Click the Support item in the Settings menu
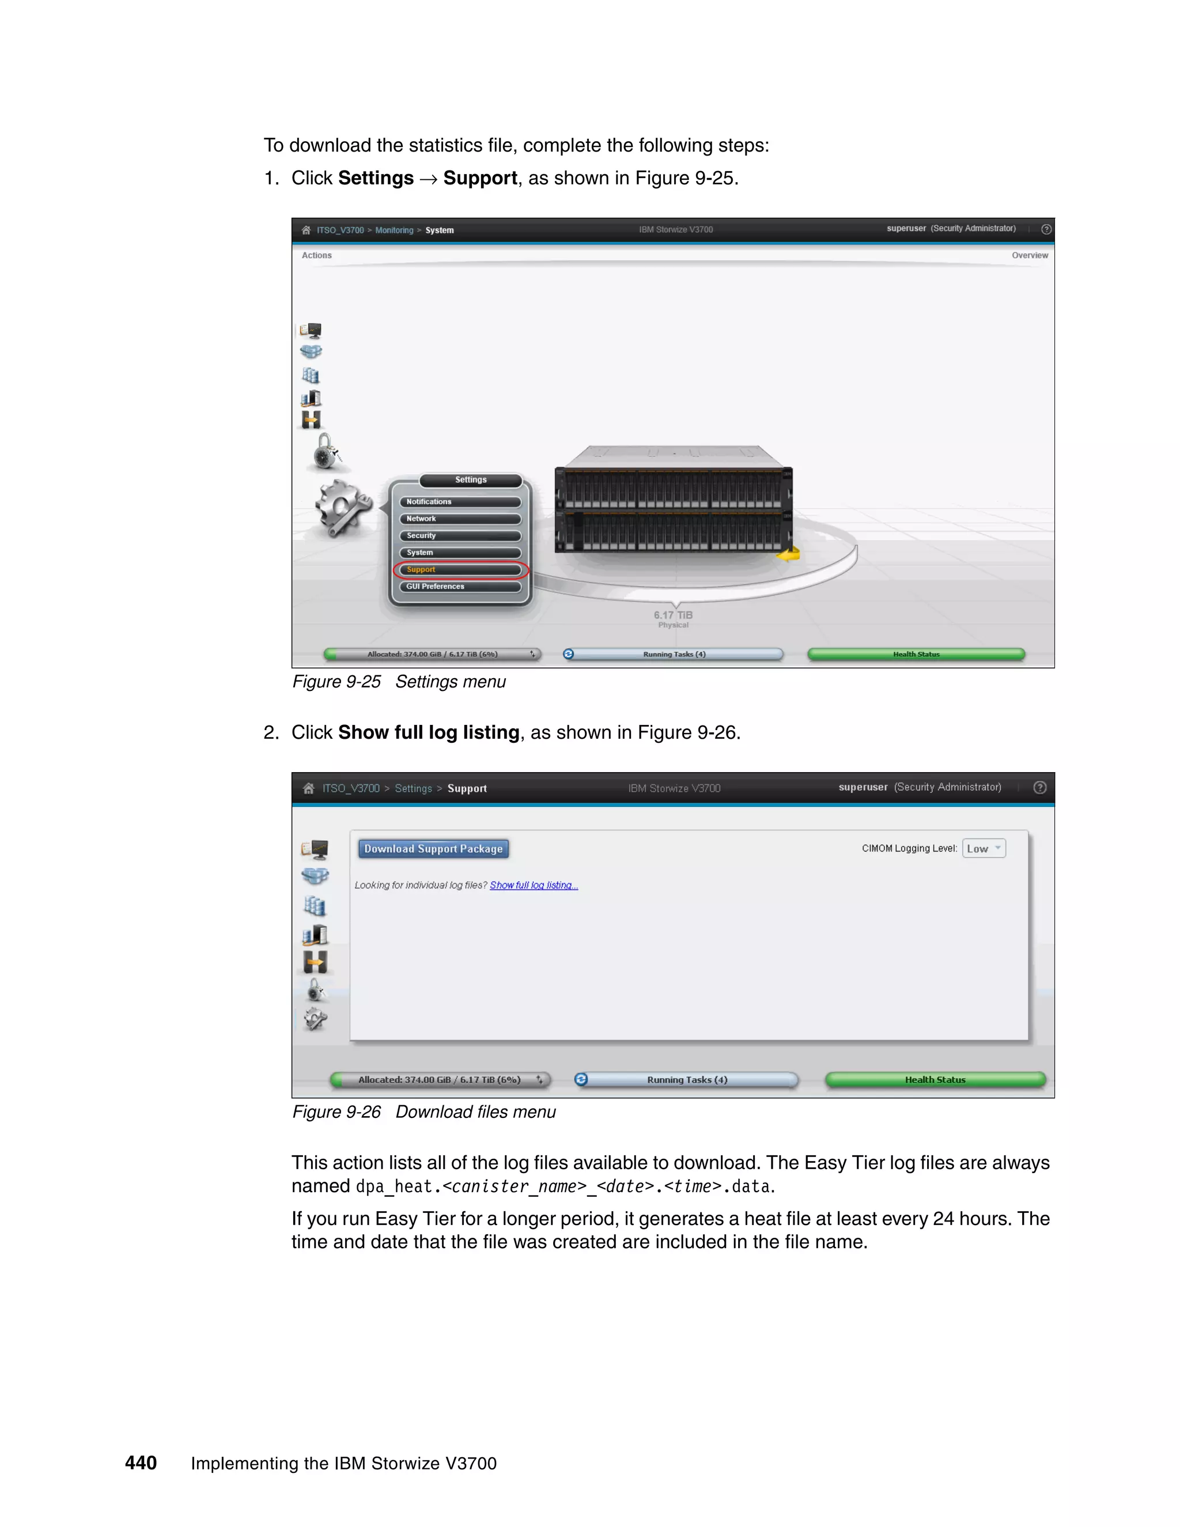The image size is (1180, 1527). (460, 570)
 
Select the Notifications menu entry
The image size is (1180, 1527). (460, 502)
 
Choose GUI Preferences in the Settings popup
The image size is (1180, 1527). (460, 587)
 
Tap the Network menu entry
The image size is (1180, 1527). (460, 519)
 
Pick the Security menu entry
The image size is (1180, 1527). (460, 535)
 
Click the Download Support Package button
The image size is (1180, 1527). (433, 849)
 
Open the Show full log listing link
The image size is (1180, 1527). (534, 885)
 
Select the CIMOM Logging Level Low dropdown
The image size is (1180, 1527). (983, 849)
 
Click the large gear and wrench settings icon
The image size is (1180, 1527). (343, 508)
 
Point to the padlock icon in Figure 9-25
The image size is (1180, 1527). (326, 451)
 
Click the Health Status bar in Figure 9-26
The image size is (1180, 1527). (935, 1079)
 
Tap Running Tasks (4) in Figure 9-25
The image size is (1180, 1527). (674, 655)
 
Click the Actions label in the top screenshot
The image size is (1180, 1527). (317, 255)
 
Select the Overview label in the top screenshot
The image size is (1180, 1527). (1029, 255)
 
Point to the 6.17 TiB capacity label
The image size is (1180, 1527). (673, 616)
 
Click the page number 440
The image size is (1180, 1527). (141, 1462)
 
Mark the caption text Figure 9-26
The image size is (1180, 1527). (336, 1112)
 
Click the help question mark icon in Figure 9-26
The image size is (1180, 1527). (1039, 787)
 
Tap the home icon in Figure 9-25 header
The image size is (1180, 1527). (306, 230)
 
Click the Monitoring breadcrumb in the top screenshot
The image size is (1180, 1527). (394, 230)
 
